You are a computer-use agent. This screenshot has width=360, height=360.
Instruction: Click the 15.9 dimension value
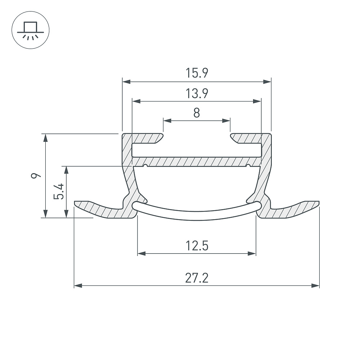(x=197, y=73)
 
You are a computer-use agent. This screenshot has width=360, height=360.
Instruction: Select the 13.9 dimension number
(x=197, y=94)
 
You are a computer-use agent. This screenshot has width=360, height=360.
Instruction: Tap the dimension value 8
(x=197, y=113)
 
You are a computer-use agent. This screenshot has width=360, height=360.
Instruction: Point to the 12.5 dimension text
(x=197, y=246)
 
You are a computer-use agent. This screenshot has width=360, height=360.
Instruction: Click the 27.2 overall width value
(x=197, y=278)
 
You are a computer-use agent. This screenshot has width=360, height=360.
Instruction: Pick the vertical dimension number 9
(x=36, y=176)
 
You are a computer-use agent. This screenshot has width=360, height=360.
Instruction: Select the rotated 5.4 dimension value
(x=58, y=191)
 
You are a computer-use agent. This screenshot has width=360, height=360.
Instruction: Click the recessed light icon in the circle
(x=30, y=31)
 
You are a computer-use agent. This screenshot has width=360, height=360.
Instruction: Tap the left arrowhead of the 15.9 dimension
(x=126, y=81)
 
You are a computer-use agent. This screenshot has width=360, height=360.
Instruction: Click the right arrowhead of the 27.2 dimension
(x=315, y=285)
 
